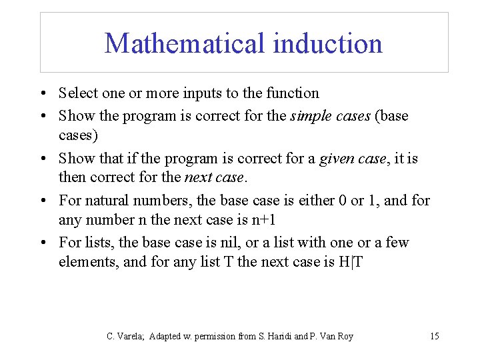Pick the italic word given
337,159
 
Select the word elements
88,261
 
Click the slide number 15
434,336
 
